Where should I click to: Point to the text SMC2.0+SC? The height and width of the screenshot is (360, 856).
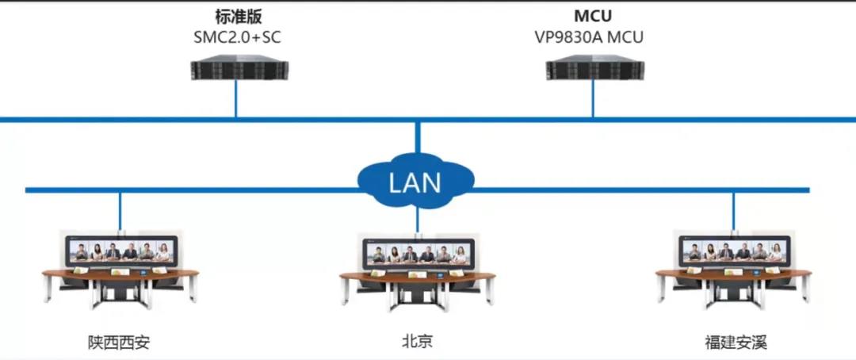(235, 36)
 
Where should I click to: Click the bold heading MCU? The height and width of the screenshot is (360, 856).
(592, 16)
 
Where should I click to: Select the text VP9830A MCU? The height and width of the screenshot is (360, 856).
(592, 36)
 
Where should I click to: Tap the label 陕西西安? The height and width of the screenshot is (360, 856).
(119, 343)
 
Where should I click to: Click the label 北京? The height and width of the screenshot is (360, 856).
(418, 342)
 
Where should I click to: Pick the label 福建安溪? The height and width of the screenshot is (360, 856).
(736, 343)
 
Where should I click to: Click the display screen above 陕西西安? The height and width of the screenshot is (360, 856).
(120, 251)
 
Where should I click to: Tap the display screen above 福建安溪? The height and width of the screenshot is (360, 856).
(733, 251)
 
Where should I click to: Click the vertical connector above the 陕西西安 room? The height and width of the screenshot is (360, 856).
(120, 210)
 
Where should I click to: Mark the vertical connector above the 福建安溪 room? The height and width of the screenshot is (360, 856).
(733, 210)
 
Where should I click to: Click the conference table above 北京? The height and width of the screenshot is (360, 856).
(418, 280)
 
